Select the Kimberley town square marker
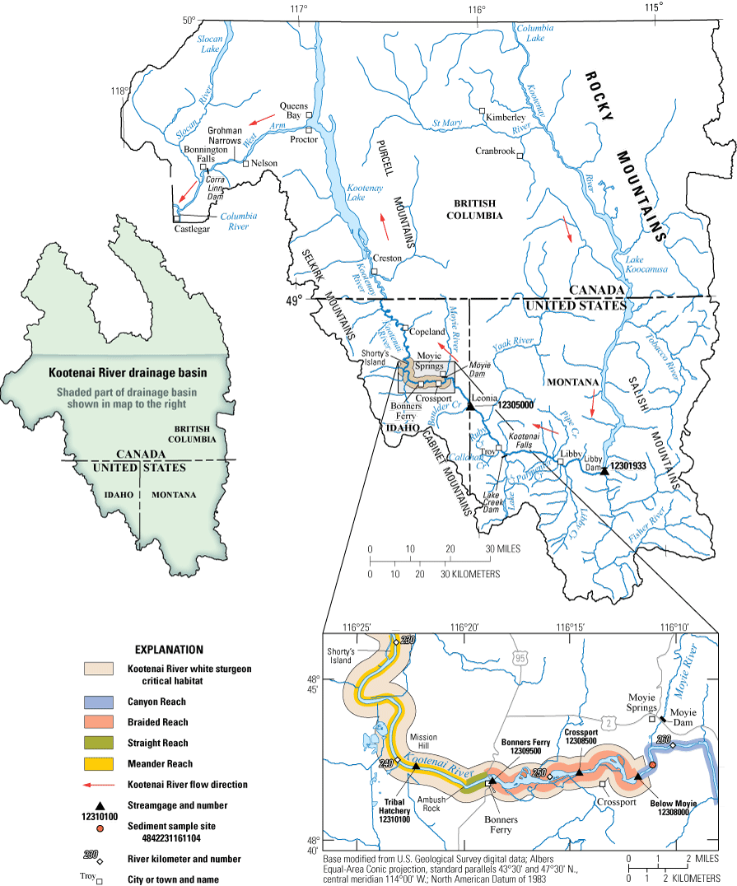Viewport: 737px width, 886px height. pos(483,110)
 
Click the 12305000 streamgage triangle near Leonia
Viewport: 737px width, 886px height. pos(469,406)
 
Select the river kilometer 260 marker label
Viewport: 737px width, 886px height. pos(664,739)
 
